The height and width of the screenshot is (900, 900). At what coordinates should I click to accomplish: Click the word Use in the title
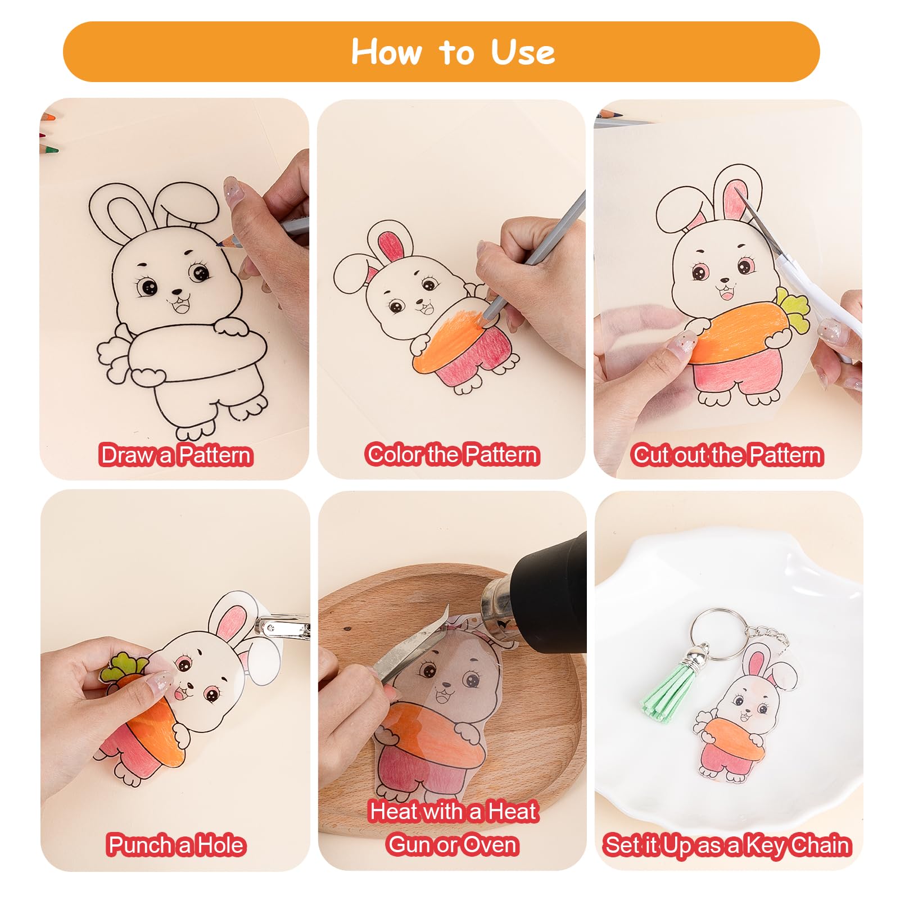(523, 52)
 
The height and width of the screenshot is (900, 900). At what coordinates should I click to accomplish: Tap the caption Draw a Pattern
(176, 455)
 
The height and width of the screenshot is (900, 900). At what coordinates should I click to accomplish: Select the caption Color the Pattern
(453, 454)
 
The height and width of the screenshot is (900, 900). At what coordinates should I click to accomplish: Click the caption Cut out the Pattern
(728, 455)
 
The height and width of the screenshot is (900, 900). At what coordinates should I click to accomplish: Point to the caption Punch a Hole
(177, 845)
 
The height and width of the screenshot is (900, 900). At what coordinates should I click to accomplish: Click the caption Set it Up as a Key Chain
(728, 845)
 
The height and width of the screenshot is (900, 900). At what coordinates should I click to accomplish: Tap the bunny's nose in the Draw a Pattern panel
(177, 292)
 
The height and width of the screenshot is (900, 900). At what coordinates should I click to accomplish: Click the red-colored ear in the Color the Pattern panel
(392, 246)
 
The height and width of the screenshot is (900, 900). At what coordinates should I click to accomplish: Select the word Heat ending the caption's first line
(512, 811)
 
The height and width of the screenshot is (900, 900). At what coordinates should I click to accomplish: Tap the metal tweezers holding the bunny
(410, 646)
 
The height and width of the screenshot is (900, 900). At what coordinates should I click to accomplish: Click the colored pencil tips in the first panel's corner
(49, 135)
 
